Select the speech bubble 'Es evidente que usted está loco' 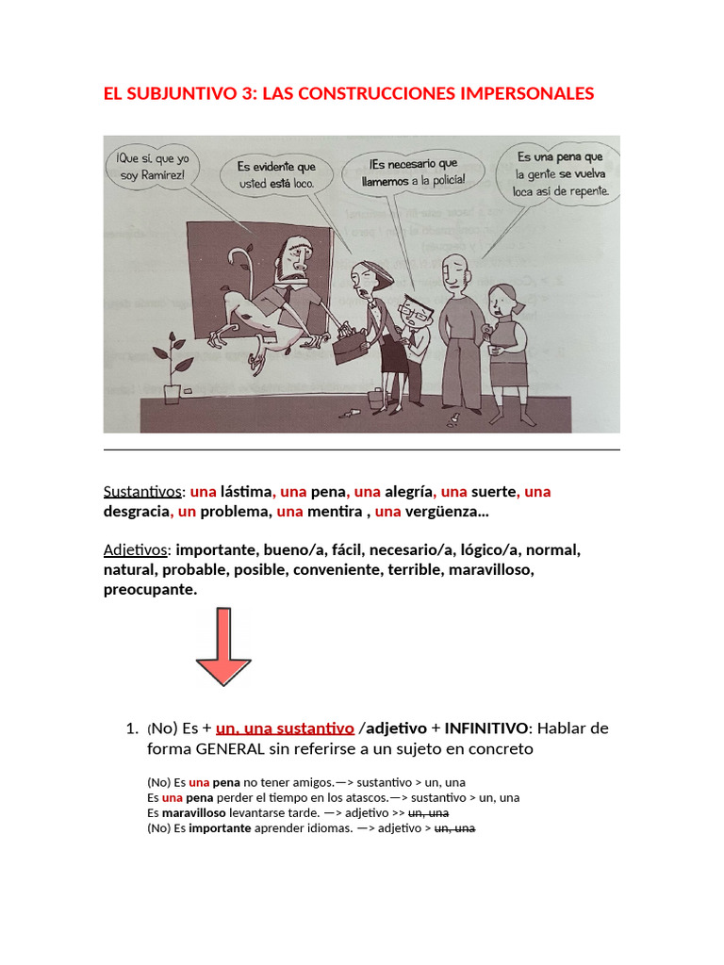[x=276, y=174]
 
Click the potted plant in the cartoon [x=172, y=368]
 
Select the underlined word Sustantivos [x=142, y=491]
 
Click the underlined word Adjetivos [x=135, y=549]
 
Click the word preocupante [x=151, y=590]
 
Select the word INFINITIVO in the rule [x=485, y=728]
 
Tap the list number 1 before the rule [x=131, y=728]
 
